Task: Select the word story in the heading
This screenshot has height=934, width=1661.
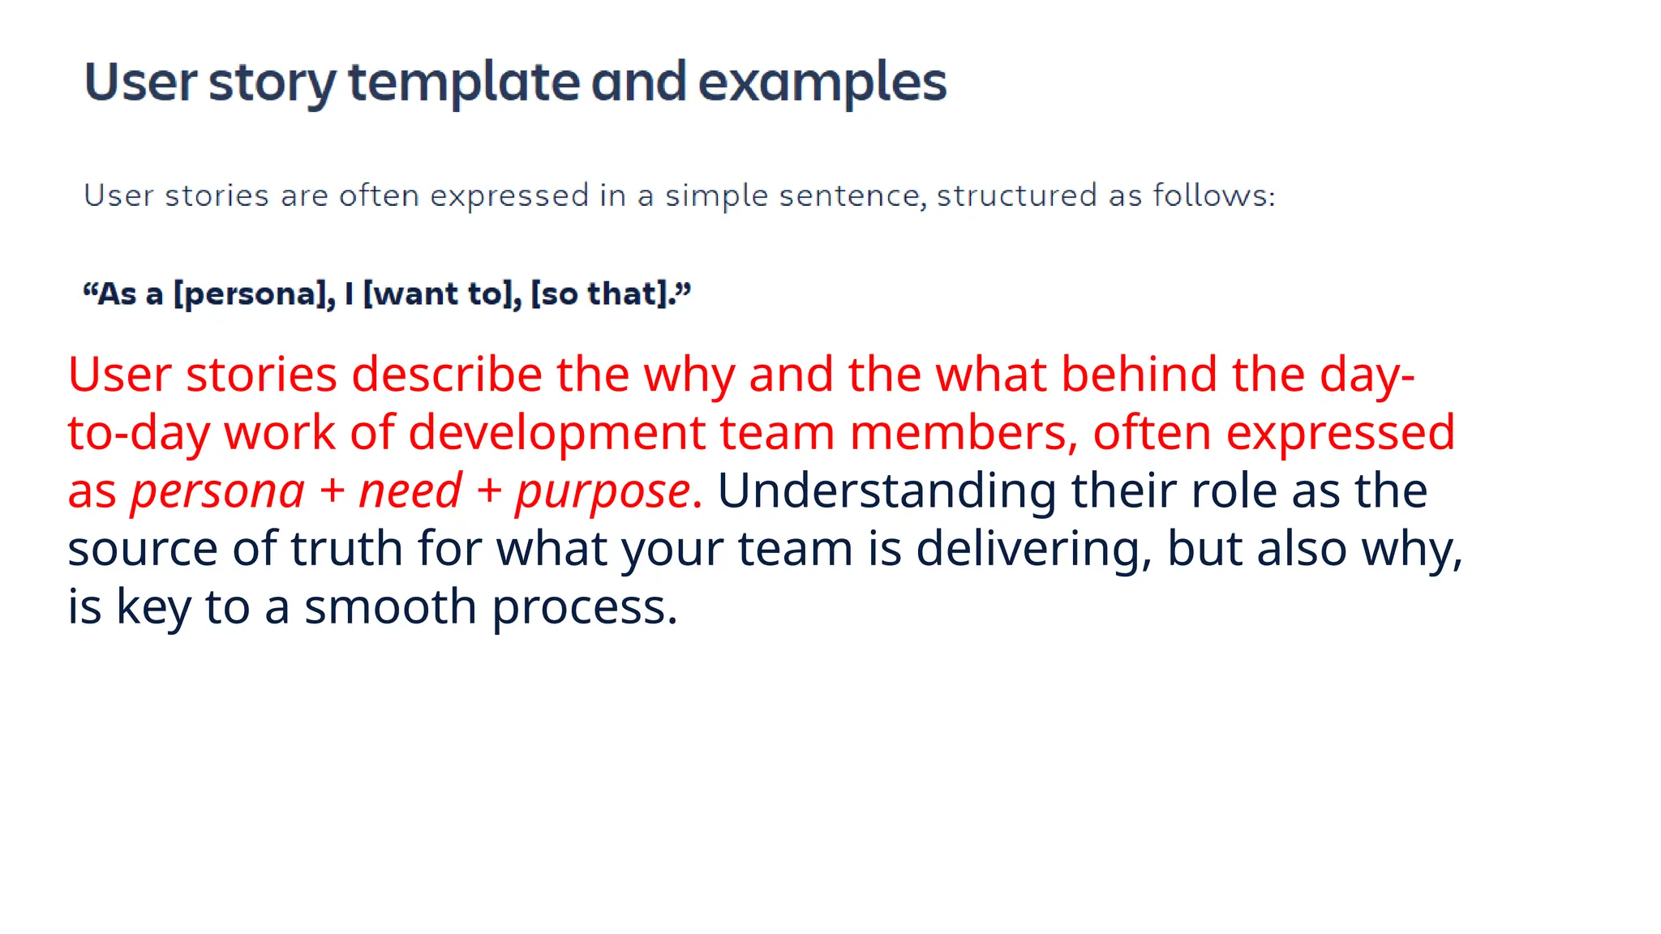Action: (x=272, y=83)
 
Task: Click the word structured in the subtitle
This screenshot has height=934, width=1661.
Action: (x=1016, y=196)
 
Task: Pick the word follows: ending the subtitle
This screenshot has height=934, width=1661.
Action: (x=1213, y=196)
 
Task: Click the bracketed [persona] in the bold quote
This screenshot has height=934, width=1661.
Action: (x=254, y=294)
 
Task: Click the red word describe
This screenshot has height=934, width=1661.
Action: (x=446, y=375)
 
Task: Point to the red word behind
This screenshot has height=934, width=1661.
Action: (x=1139, y=375)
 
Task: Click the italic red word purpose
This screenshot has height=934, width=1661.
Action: (x=603, y=491)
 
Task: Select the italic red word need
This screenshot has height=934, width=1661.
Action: (x=410, y=491)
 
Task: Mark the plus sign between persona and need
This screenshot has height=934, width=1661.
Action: (x=332, y=491)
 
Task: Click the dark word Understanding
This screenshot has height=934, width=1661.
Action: (x=886, y=491)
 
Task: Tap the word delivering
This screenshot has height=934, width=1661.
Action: (x=1034, y=549)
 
